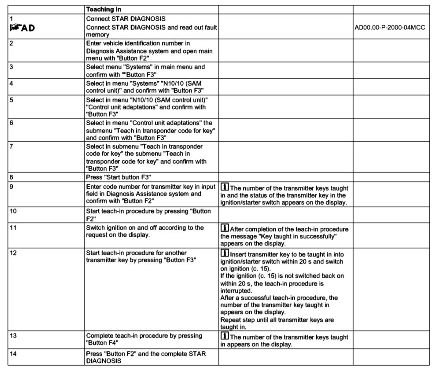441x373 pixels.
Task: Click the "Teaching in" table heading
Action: coord(104,9)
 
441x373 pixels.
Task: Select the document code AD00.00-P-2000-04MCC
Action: coord(390,27)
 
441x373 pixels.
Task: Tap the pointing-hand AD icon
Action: coord(22,28)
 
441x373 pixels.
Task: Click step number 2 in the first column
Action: coord(11,43)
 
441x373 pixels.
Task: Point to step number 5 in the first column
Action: coord(11,100)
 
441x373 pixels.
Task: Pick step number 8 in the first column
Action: coord(11,177)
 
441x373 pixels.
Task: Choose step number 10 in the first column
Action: coord(13,211)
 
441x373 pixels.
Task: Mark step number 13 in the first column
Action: coord(13,335)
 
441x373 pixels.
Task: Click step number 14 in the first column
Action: coord(13,354)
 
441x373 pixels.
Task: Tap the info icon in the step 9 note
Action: coord(224,187)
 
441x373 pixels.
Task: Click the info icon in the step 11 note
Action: coord(224,229)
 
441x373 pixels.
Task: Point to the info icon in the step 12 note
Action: coord(224,254)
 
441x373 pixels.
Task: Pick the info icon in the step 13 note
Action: coord(224,337)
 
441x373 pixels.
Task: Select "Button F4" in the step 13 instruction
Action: coord(101,343)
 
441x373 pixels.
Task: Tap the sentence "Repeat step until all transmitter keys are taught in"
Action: coord(277,324)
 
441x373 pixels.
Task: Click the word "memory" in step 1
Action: coord(98,34)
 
